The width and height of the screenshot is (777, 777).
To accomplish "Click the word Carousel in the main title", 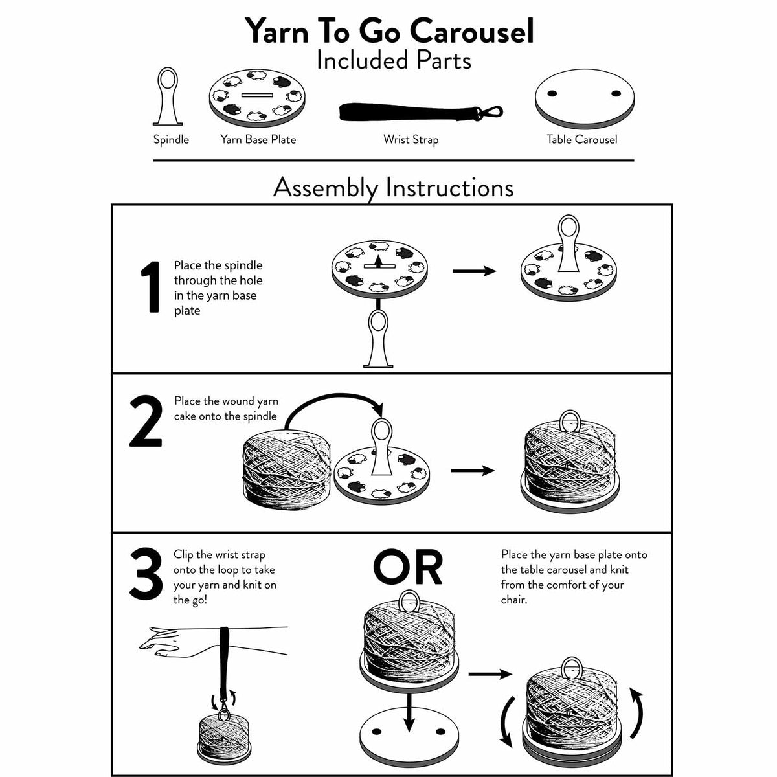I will point(471,31).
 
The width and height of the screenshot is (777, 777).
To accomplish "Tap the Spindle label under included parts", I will point(171,139).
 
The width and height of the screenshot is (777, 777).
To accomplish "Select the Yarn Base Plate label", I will point(258,139).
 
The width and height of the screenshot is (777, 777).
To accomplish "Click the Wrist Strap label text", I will point(411,139).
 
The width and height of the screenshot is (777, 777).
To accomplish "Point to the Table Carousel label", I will point(581,139).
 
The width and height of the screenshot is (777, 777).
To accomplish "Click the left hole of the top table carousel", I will point(552,93).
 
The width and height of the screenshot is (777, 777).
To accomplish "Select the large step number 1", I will point(150,287).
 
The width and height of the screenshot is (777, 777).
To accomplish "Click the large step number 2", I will point(146,422).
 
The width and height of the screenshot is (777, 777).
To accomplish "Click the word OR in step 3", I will point(408,568).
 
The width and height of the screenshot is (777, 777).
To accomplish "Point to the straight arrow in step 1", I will point(474,271).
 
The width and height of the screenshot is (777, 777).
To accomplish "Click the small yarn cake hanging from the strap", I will point(225,738).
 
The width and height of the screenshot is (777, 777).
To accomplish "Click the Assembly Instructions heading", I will point(393,188).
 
